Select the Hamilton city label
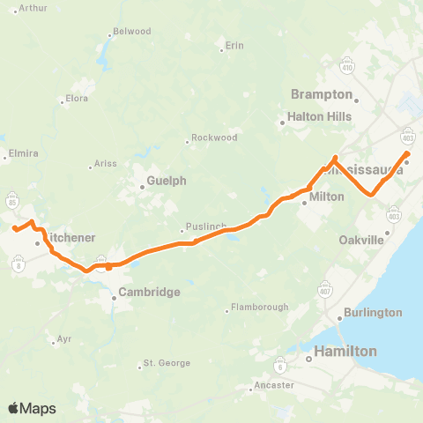click(348, 351)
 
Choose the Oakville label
click(362, 240)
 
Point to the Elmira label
click(22, 153)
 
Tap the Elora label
click(76, 99)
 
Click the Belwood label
click(132, 32)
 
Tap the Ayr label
click(63, 338)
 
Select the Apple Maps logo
click(32, 408)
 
